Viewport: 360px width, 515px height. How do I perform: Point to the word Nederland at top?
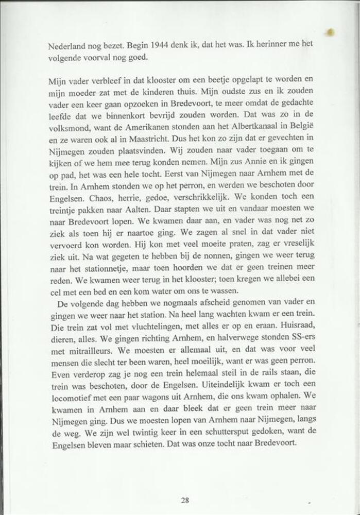[66, 45]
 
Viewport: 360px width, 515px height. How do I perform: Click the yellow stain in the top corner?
[331, 32]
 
